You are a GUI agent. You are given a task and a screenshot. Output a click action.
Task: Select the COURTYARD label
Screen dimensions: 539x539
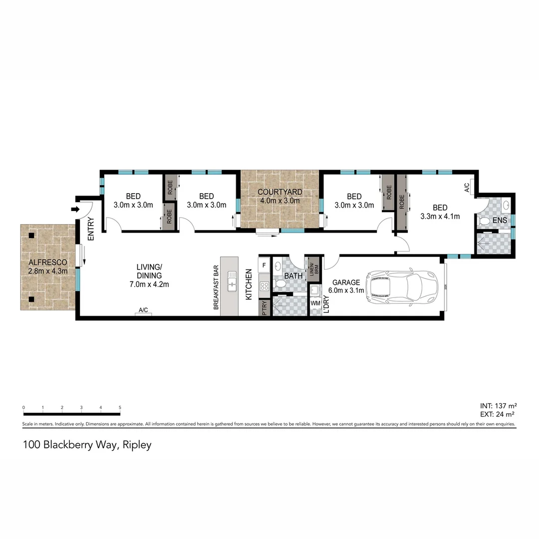click(279, 192)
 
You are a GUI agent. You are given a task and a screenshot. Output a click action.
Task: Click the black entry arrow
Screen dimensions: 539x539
click(75, 209)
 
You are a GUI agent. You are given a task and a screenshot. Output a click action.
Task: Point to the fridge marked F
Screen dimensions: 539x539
click(265, 265)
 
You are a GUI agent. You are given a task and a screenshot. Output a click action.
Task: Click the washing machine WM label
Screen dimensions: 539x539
click(315, 303)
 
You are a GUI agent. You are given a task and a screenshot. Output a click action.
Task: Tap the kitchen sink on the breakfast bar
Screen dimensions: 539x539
click(232, 281)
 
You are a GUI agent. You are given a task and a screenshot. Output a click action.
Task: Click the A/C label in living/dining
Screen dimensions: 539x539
click(143, 311)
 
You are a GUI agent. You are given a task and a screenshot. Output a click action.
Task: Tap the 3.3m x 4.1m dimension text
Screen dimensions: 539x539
click(440, 217)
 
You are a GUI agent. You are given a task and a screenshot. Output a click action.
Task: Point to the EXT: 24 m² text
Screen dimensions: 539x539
click(497, 414)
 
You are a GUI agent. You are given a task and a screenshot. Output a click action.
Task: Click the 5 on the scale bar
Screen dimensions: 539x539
click(120, 408)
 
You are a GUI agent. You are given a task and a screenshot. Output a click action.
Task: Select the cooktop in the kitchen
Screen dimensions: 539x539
click(264, 286)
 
